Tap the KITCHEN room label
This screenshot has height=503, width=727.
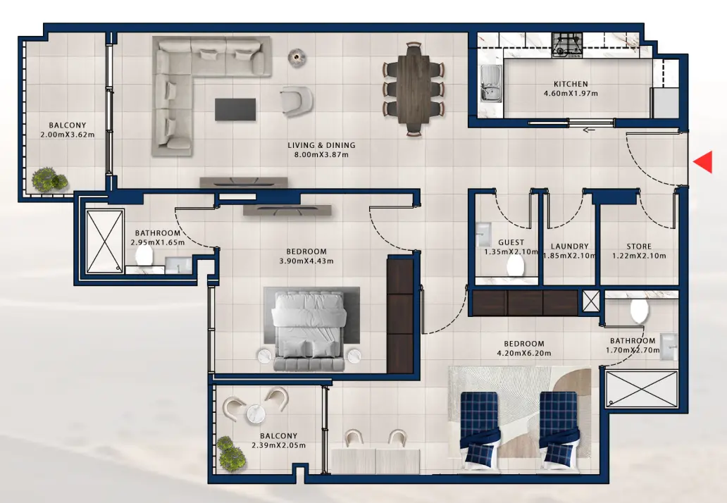570,84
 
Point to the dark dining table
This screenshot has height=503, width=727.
414,88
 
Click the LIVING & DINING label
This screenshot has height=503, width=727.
321,146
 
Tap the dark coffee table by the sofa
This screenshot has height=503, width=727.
235,109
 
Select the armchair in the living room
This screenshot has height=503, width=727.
296,101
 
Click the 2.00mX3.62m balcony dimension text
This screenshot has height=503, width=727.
67,135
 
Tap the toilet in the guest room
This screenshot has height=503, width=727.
515,266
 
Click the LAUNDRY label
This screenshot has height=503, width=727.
569,247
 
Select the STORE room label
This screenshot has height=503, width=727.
640,247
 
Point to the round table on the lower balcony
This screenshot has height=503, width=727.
256,413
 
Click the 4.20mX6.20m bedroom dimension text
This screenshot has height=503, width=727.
523,353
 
